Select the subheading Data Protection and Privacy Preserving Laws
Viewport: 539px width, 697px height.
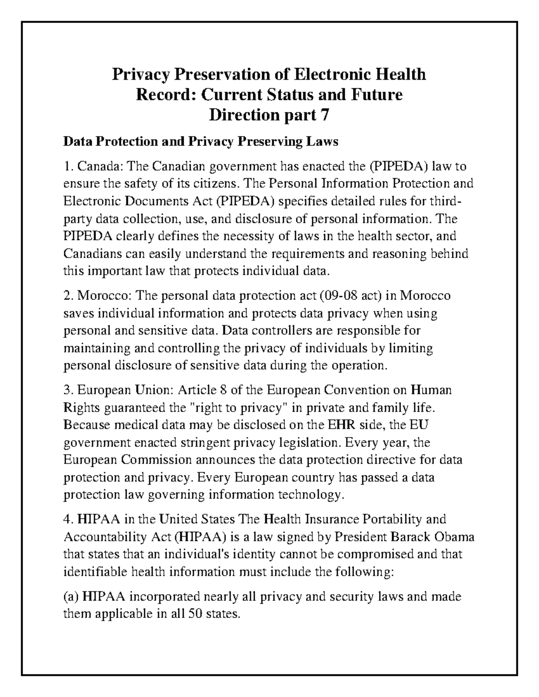200,142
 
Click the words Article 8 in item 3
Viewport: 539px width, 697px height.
203,390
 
